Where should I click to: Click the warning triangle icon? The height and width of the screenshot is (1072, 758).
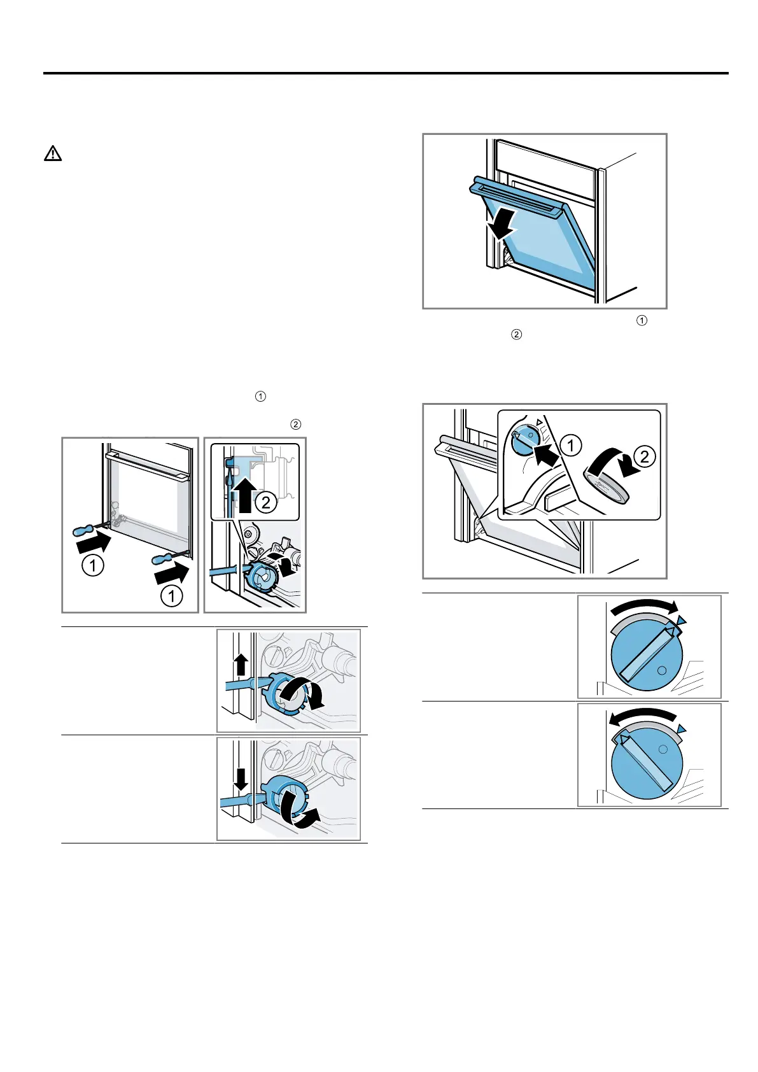(53, 153)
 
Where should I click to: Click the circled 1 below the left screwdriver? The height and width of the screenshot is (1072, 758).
(93, 566)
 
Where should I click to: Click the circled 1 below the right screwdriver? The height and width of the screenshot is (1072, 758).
(171, 596)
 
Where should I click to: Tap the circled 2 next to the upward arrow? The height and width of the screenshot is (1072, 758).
(265, 503)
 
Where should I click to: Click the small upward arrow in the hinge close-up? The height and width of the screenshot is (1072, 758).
(241, 666)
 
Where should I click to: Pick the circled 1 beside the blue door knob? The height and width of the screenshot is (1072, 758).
(571, 446)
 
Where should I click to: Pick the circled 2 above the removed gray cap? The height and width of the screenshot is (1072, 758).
(644, 456)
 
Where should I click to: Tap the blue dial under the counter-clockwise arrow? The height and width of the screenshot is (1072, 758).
(647, 765)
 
